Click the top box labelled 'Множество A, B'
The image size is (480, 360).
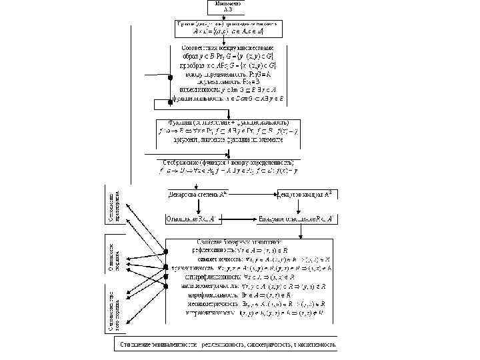[229, 7]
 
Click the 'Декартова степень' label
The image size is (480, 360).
[193, 195]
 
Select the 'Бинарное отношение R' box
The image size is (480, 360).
[301, 218]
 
